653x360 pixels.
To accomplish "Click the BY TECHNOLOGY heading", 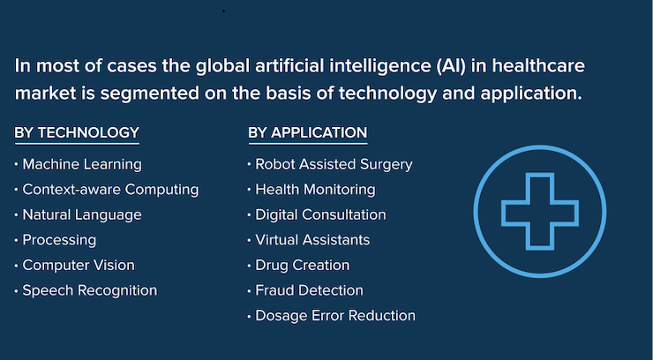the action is [x=77, y=132].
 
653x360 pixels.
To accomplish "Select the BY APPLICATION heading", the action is [x=308, y=132].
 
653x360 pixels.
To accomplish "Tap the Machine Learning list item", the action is [x=82, y=165].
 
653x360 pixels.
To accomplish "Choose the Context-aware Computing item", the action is [x=110, y=190].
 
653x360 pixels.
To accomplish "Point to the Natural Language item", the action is [x=82, y=215].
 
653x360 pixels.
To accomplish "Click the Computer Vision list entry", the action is [x=79, y=265].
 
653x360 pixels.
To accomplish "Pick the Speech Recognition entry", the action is [x=89, y=290].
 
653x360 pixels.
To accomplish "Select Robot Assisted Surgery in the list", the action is [x=334, y=165].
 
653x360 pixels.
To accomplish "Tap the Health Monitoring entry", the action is [x=315, y=190].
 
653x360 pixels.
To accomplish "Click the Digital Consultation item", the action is [x=320, y=215].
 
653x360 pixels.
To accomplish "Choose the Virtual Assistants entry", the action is [x=312, y=240].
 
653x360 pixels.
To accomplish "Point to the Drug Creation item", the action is [x=303, y=266].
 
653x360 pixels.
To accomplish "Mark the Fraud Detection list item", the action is [x=309, y=290].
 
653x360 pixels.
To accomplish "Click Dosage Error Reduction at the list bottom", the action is [x=335, y=316].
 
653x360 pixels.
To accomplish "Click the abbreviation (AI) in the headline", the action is [x=452, y=66].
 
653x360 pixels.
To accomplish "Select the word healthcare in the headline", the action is [x=538, y=66].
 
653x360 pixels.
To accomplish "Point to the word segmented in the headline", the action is [x=149, y=94].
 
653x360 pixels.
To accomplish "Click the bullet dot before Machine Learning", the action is [x=16, y=164].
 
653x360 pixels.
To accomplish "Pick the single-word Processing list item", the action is [x=59, y=241].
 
